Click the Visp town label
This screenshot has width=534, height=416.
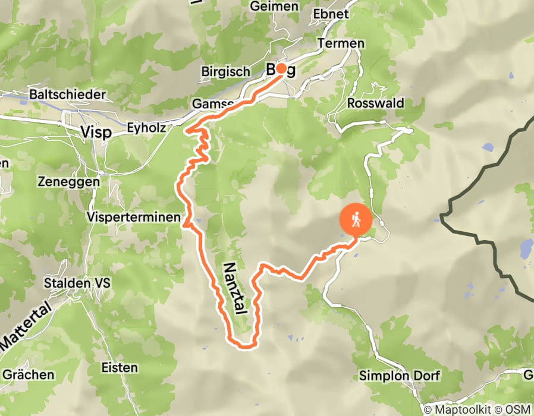[95, 133]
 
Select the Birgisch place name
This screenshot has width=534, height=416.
[225, 71]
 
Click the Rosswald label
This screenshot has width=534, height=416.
[375, 103]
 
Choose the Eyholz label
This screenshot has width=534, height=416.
[146, 127]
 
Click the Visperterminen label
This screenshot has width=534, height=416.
[133, 218]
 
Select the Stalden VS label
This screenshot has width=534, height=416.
[75, 283]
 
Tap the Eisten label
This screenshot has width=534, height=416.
[119, 367]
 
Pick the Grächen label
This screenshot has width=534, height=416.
[29, 375]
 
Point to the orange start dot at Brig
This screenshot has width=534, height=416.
[280, 68]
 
